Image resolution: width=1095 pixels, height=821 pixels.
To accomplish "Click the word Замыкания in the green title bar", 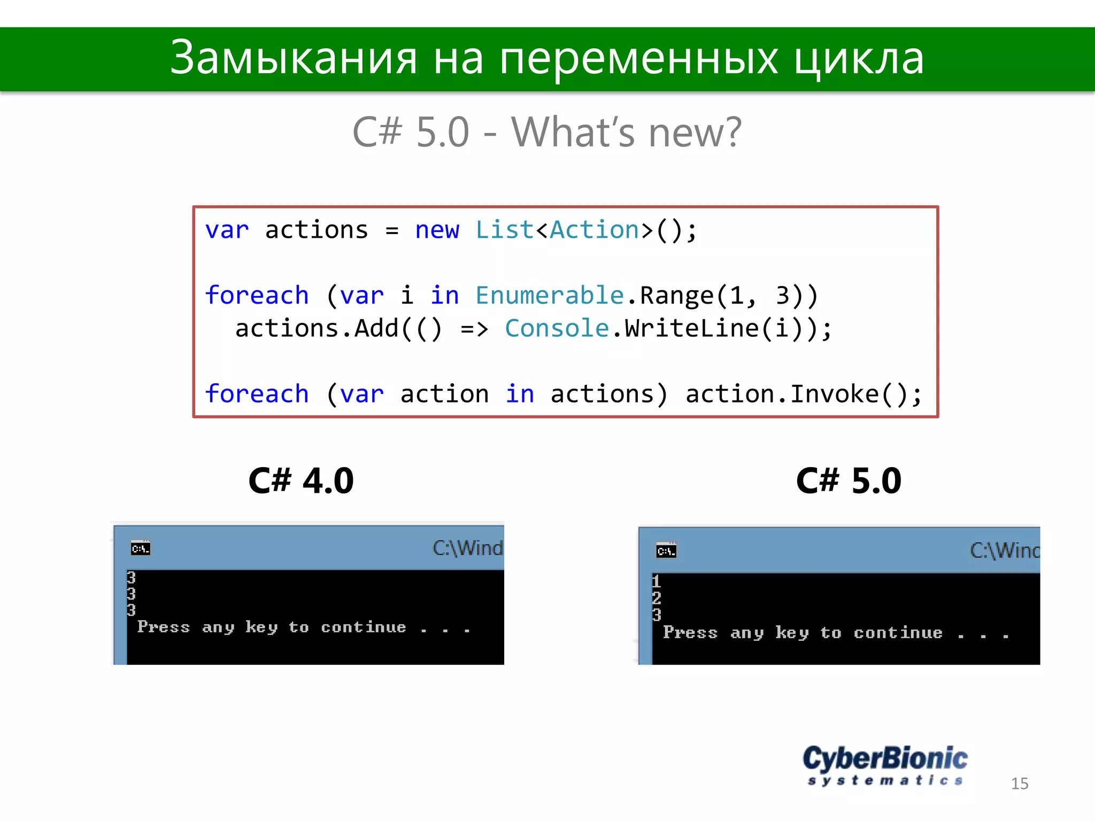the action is click(x=293, y=58).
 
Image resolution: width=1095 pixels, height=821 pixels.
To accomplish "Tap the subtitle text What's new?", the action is click(x=626, y=132).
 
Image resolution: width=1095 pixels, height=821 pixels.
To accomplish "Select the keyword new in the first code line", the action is click(x=437, y=230).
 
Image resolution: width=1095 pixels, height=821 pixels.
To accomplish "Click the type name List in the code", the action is click(x=504, y=230).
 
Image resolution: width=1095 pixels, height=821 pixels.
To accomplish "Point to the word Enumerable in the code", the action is click(x=550, y=296).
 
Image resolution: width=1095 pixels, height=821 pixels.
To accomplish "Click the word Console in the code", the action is click(x=557, y=328).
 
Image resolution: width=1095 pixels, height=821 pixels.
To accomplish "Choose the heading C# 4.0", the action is click(x=301, y=480).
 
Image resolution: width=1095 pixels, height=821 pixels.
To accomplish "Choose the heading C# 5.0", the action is click(x=849, y=480).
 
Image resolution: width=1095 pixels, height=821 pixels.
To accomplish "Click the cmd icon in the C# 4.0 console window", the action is click(x=141, y=548).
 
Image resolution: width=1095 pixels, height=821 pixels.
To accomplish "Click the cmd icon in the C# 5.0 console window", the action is click(x=666, y=551).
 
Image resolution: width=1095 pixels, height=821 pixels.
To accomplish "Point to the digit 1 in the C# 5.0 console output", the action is click(x=657, y=581).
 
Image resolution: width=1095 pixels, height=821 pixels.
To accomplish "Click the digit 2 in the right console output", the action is click(x=657, y=598).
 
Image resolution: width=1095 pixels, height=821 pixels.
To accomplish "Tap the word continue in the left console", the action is click(x=363, y=627).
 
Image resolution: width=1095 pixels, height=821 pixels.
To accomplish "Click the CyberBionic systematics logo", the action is click(x=885, y=765).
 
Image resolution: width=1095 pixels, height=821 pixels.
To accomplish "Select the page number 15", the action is click(x=1019, y=784).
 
